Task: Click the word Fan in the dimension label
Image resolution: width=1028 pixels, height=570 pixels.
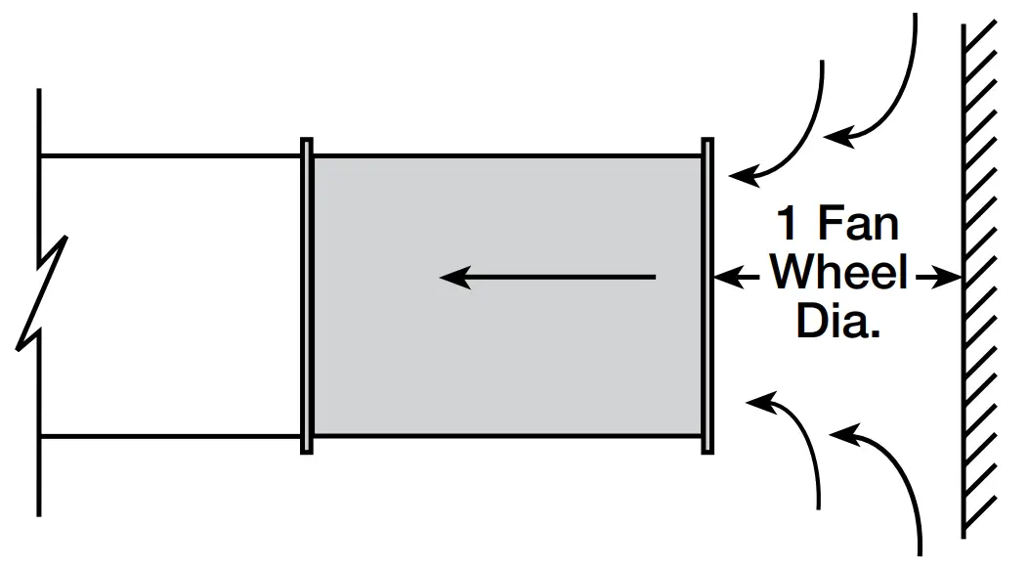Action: point(857,226)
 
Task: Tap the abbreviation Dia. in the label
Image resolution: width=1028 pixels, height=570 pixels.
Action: point(838,323)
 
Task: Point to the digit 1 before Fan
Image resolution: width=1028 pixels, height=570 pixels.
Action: point(788,226)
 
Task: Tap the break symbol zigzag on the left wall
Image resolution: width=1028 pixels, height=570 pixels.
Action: point(44,293)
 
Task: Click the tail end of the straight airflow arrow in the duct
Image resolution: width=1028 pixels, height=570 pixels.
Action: point(653,278)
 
